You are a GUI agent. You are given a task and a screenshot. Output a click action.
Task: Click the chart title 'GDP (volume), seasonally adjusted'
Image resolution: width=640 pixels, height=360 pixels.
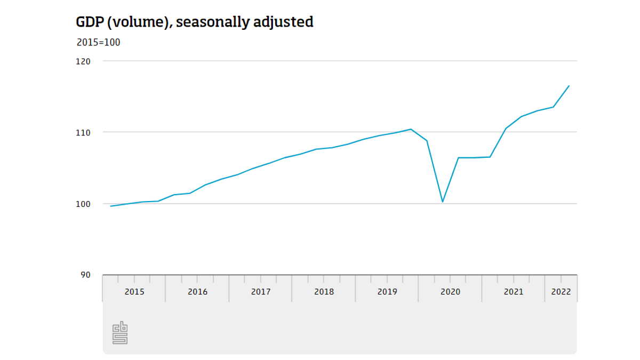coord(195,22)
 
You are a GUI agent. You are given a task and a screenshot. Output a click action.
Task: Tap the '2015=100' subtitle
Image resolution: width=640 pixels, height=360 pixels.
coord(98,43)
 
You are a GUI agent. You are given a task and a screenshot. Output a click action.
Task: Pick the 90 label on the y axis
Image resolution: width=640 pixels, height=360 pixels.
coord(85,275)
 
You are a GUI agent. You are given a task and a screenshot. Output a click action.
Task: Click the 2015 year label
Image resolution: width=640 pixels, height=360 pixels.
coord(134,292)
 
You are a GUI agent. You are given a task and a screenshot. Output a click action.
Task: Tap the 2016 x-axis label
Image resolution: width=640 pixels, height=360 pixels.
coord(197,292)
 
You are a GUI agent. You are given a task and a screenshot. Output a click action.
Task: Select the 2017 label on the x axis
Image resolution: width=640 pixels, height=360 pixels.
coord(261,292)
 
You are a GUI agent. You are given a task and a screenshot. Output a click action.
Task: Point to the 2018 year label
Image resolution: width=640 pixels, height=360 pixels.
coord(324,292)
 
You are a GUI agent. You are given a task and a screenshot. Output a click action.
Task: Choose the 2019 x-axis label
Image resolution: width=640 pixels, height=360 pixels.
coord(387,292)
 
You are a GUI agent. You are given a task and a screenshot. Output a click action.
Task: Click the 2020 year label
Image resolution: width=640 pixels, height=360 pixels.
coord(450,292)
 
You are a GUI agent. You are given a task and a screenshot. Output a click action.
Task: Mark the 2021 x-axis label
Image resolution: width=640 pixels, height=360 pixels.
coord(514,292)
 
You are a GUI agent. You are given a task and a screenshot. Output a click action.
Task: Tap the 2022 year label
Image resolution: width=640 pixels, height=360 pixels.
coord(561,292)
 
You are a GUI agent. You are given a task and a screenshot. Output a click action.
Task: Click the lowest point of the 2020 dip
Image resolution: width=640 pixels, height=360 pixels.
coord(443,202)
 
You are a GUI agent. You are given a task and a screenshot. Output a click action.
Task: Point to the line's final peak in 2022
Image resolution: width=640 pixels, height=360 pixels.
coord(569,86)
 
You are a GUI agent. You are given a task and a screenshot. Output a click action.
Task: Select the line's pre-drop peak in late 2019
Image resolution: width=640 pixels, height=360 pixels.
coord(411,129)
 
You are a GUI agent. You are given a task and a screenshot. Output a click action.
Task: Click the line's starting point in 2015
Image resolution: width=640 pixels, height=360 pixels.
coord(110,206)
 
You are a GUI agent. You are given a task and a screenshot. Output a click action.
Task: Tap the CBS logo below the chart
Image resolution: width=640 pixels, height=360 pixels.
coord(120,333)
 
